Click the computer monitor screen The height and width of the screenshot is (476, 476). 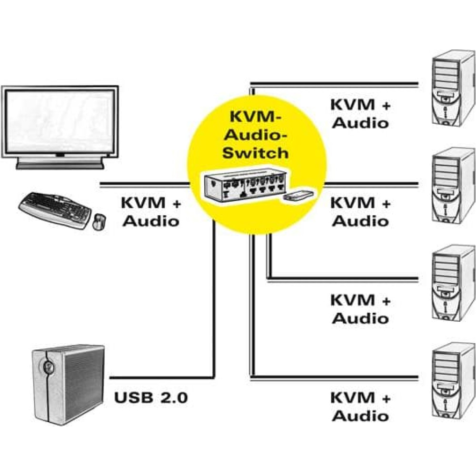(60, 122)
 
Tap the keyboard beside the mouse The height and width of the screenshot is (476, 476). (55, 209)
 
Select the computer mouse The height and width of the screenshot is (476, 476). (99, 222)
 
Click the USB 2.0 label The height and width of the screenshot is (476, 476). (151, 397)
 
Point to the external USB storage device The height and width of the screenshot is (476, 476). (68, 385)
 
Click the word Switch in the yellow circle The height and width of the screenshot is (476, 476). (256, 153)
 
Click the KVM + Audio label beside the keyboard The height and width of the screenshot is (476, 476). (151, 212)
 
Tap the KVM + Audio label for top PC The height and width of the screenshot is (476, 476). (361, 114)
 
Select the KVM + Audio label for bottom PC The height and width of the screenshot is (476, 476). (361, 407)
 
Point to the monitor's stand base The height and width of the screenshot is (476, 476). (60, 166)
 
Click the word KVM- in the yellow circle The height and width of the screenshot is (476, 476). (256, 117)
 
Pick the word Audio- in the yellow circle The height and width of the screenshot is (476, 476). (256, 135)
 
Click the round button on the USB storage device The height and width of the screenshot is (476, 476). (48, 367)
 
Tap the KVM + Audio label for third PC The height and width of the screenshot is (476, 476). (361, 309)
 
